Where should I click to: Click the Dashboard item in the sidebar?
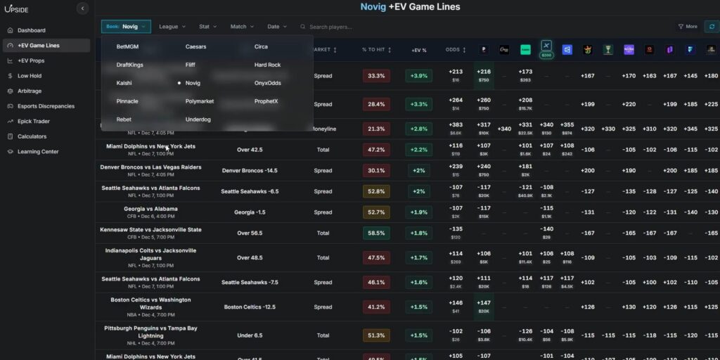point(31,30)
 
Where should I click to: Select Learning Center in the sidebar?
point(38,152)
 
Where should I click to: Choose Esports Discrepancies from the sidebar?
point(46,106)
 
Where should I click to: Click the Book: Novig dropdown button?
point(126,27)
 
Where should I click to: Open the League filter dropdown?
point(172,27)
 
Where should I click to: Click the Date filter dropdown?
point(277,27)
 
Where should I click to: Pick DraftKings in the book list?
point(129,65)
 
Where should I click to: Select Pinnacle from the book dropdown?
point(127,101)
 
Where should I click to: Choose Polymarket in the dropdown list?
point(200,101)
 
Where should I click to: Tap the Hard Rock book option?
point(267,65)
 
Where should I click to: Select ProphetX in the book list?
point(266,101)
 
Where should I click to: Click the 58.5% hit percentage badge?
point(376,233)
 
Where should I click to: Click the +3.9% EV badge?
point(418,76)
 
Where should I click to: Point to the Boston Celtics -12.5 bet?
point(250,307)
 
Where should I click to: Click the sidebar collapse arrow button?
point(82,8)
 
